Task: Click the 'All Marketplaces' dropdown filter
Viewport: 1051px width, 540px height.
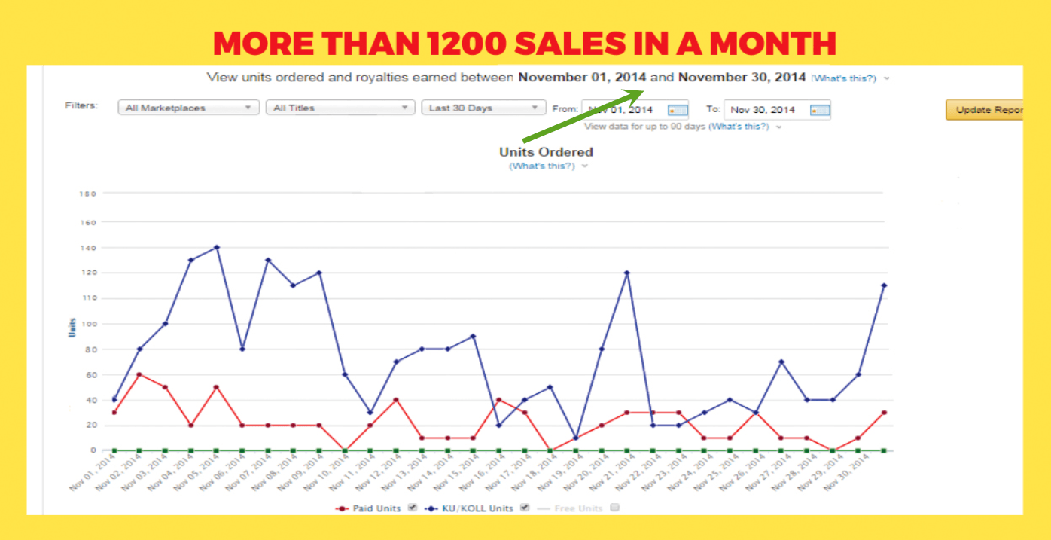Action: [188, 108]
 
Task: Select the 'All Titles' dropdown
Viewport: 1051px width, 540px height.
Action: [340, 108]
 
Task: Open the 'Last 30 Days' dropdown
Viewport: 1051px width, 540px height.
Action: [483, 108]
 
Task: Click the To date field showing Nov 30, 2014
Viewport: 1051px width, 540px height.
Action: [776, 110]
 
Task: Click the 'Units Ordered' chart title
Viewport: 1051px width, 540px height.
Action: [546, 151]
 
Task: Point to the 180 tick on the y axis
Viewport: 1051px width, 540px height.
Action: [88, 194]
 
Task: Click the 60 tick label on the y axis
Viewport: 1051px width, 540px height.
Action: [90, 374]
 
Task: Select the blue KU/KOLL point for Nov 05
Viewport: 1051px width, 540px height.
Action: [217, 247]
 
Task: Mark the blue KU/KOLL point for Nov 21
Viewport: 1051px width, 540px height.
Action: [626, 273]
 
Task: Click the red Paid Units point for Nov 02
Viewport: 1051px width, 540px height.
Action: [139, 374]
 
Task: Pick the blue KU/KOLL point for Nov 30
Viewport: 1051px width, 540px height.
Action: [884, 285]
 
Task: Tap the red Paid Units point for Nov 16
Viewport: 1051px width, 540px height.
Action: [498, 400]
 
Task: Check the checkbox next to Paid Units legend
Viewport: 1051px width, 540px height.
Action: [412, 508]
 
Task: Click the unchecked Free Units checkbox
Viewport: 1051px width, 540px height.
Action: [614, 508]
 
